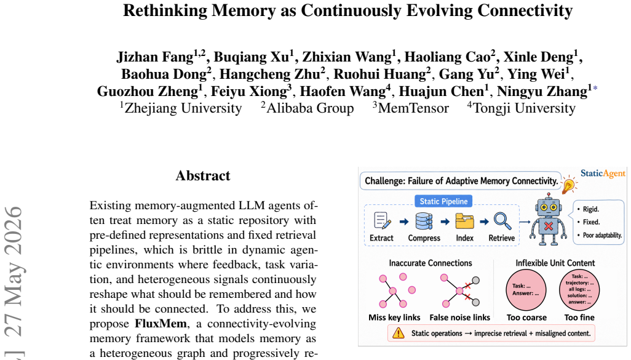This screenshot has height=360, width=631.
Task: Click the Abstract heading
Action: point(203,175)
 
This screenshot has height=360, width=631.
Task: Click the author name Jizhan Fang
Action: point(155,57)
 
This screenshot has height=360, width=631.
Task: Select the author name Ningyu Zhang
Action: point(542,92)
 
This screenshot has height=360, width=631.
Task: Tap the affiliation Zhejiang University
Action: point(183,108)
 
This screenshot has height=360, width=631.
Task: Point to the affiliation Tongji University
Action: point(524,108)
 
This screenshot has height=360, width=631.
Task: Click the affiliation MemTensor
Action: point(413,108)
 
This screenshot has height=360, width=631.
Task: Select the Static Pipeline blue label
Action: point(443,201)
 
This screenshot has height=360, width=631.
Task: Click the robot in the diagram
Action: point(548,219)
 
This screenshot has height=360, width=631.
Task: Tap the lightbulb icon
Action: point(569,185)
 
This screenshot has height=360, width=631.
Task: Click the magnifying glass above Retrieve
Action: point(502,221)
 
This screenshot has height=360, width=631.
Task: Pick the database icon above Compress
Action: point(424,221)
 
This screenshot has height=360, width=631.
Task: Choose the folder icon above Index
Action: point(464,221)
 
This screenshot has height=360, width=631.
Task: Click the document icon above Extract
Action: point(382,221)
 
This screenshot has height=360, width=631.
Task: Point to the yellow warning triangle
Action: point(399,333)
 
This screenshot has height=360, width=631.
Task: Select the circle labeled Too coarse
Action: point(526,290)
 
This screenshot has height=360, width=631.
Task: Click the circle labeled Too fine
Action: point(579,290)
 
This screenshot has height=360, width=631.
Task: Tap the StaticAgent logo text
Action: point(603,174)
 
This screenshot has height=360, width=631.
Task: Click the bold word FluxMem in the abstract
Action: point(161,324)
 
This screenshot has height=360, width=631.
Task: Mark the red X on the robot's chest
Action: point(548,226)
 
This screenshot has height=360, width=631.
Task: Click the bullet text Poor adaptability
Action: point(603,235)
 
